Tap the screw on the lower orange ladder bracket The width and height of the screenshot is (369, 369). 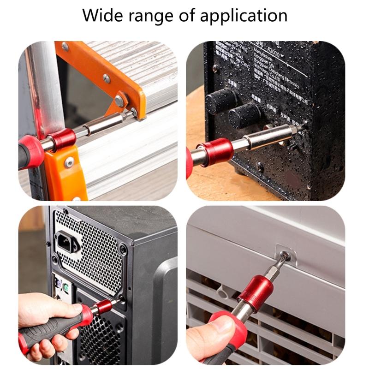(69, 162)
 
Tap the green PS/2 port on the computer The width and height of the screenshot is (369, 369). (66, 288)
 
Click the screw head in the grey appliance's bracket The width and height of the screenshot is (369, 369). (286, 254)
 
